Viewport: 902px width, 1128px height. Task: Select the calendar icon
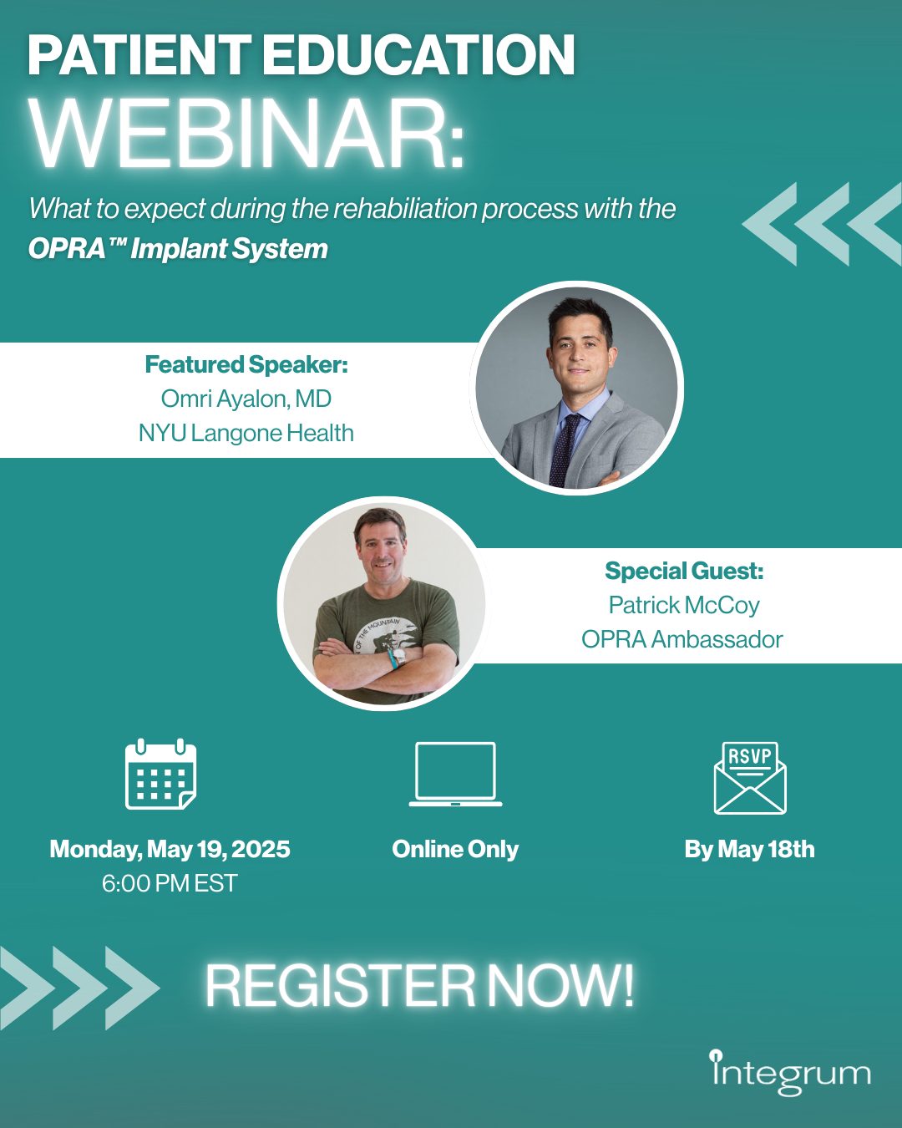(x=160, y=775)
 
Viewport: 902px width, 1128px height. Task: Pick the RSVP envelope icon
(x=750, y=778)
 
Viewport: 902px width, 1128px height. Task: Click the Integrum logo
(x=790, y=1073)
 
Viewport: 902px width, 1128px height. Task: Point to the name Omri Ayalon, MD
(x=246, y=399)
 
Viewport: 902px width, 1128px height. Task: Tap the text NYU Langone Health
(x=246, y=433)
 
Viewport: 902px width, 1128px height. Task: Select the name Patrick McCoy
(x=683, y=605)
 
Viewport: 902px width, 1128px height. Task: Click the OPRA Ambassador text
(x=682, y=639)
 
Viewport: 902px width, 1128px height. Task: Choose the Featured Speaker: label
(x=246, y=364)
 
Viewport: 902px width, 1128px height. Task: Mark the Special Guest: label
(x=683, y=571)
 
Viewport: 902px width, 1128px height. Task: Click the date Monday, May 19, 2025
(x=170, y=849)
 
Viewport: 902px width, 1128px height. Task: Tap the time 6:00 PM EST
(x=170, y=883)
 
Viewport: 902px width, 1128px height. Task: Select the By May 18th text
(x=749, y=849)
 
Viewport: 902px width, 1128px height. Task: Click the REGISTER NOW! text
(x=419, y=986)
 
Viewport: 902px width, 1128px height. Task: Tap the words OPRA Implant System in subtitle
(x=178, y=249)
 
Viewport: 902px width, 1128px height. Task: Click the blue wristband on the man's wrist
(x=392, y=658)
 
